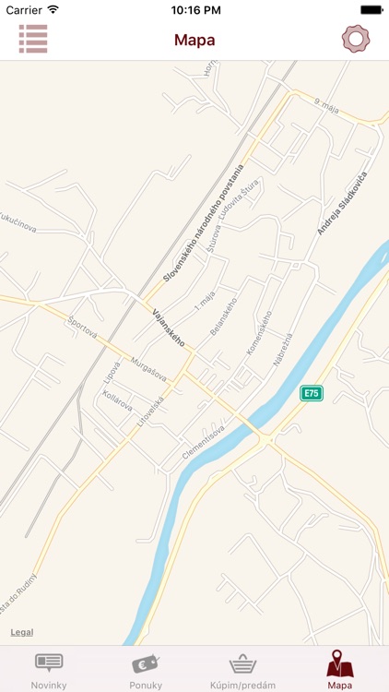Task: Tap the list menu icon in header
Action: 33,39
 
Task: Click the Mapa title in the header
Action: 194,40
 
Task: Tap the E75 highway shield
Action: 312,393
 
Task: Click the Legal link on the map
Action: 22,632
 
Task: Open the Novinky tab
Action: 49,670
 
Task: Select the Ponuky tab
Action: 146,670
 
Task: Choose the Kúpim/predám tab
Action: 242,670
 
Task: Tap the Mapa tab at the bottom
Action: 340,670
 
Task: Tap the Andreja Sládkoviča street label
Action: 342,203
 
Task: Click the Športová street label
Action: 84,329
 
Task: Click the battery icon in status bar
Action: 371,9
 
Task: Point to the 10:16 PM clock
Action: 194,9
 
